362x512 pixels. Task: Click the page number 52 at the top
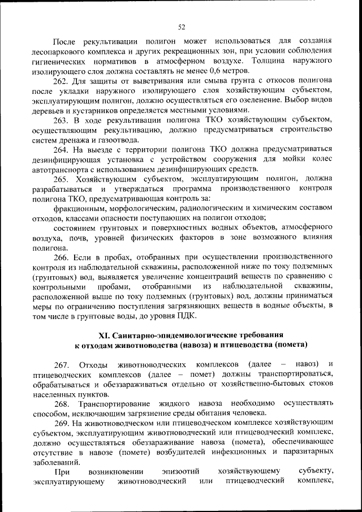182,27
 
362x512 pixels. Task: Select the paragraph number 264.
62,149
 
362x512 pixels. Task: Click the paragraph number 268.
62,403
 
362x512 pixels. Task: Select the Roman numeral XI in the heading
106,334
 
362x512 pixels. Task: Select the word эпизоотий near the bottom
180,471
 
